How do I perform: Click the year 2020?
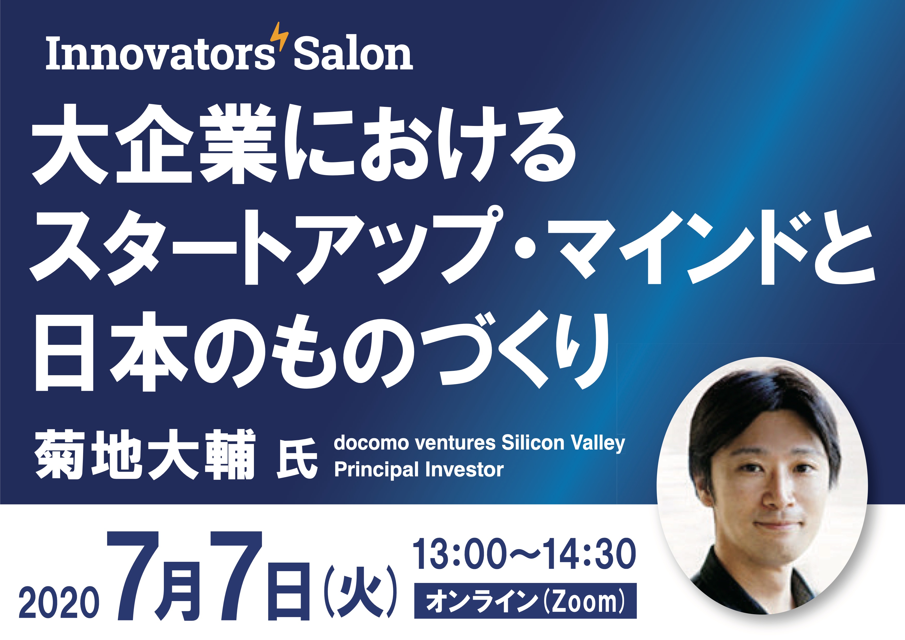click(59, 602)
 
